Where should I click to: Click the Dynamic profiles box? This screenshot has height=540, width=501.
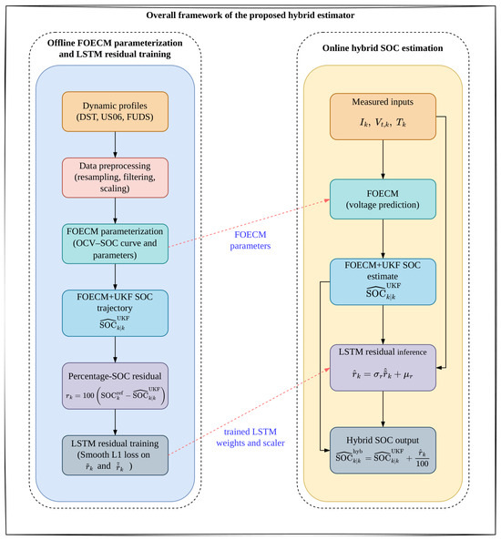tap(115, 111)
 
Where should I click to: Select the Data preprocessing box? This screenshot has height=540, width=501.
tap(115, 178)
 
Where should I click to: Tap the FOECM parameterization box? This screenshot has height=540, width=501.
tap(115, 244)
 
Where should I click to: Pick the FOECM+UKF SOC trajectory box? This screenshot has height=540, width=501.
tap(115, 313)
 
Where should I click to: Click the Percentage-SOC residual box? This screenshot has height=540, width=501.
tap(115, 386)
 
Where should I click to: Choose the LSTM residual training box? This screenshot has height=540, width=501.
tap(115, 455)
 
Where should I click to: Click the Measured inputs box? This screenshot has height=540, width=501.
tap(383, 117)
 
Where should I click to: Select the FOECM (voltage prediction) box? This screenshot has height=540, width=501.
tap(383, 199)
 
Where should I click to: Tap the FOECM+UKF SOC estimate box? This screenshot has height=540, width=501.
tap(383, 281)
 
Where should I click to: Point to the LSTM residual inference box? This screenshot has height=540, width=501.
tap(383, 368)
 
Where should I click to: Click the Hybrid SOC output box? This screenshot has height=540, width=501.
tap(383, 451)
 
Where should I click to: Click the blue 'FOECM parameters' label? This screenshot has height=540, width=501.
tap(250, 240)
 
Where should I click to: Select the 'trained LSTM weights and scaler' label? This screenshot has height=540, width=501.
tap(250, 437)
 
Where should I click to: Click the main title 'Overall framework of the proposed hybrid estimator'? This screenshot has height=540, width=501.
tap(250, 15)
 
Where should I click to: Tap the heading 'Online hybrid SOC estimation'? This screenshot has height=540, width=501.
tap(383, 48)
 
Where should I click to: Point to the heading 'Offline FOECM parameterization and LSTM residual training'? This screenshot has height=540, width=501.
tap(115, 48)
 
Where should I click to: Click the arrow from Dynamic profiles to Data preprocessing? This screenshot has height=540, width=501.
tap(115, 145)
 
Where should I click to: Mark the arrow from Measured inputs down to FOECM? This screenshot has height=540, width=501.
tap(383, 159)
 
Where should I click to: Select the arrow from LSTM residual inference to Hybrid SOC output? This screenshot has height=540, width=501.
tap(383, 409)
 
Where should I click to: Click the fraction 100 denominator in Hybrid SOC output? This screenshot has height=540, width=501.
tap(422, 464)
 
